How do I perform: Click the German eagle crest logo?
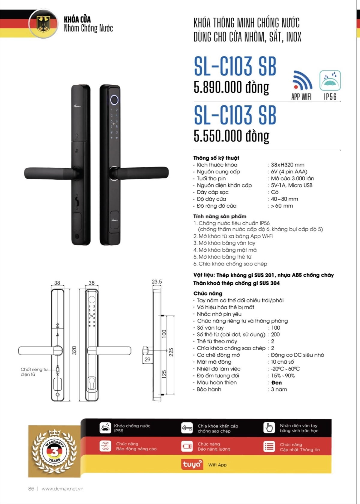(x=43, y=24)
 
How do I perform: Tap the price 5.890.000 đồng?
(x=231, y=87)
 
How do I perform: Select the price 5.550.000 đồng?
(x=231, y=136)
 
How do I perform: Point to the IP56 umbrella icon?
(x=330, y=80)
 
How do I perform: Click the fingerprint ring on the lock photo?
(x=114, y=100)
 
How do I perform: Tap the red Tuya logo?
(x=192, y=464)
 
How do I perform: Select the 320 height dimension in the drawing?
(x=74, y=350)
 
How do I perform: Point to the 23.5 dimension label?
(x=157, y=282)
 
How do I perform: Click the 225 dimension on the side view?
(x=171, y=352)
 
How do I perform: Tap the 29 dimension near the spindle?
(x=147, y=359)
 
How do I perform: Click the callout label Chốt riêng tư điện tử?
(x=34, y=372)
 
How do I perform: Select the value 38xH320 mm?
(x=288, y=165)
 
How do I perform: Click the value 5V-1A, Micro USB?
(x=292, y=185)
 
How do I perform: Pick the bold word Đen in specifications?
(x=276, y=382)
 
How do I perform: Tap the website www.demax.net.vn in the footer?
(x=62, y=489)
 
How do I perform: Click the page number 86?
(x=31, y=489)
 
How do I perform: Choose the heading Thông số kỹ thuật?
(x=216, y=158)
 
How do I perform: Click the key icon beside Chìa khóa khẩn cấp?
(x=187, y=428)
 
